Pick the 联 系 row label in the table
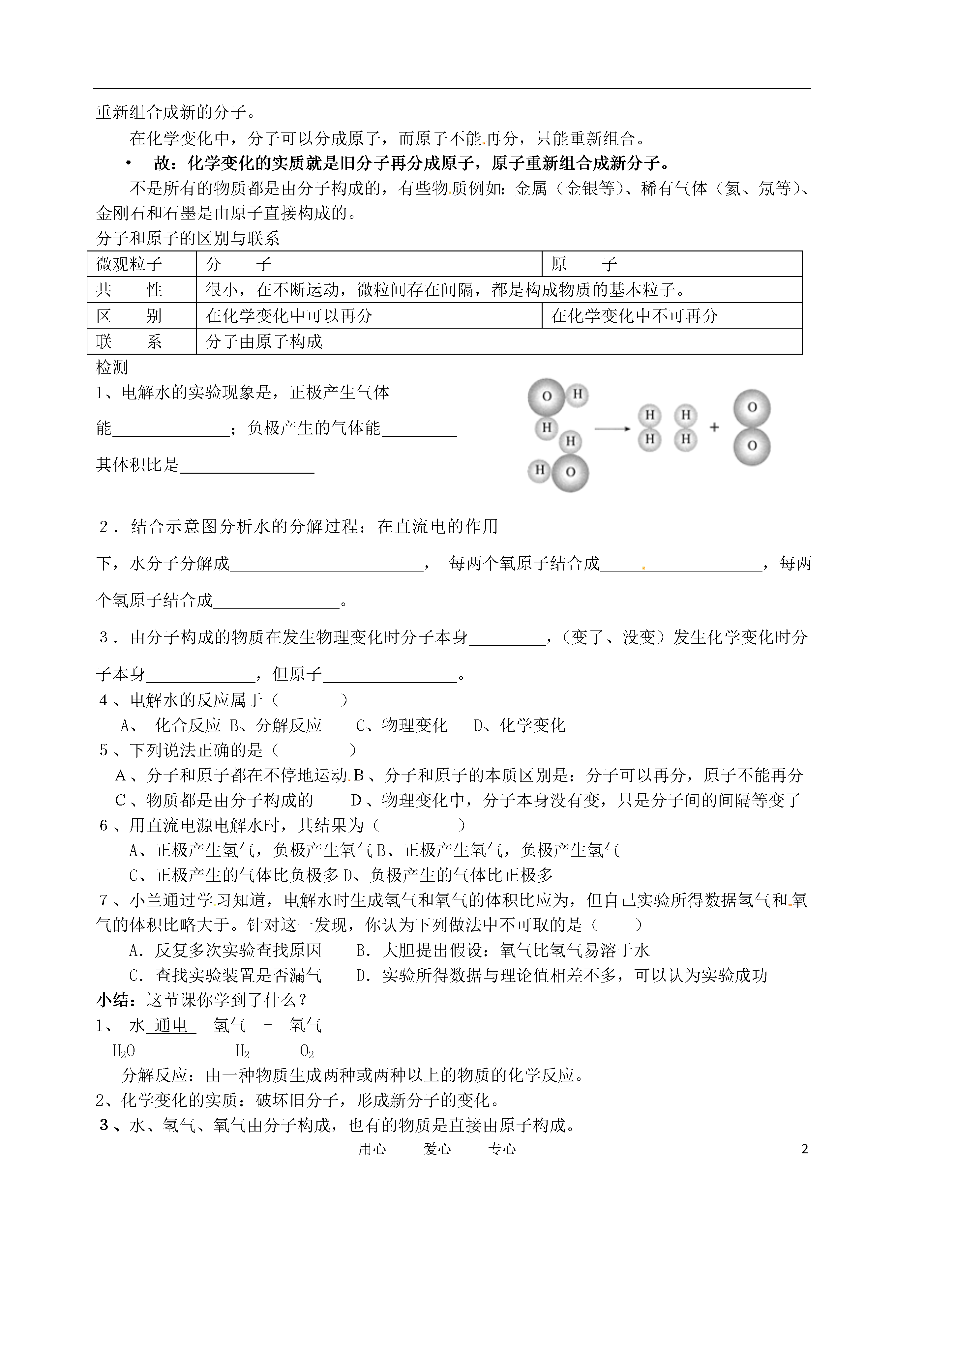[129, 342]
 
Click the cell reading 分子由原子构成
[264, 342]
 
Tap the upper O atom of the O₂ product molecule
[752, 408]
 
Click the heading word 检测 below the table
[112, 368]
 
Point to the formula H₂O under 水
[123, 1051]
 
